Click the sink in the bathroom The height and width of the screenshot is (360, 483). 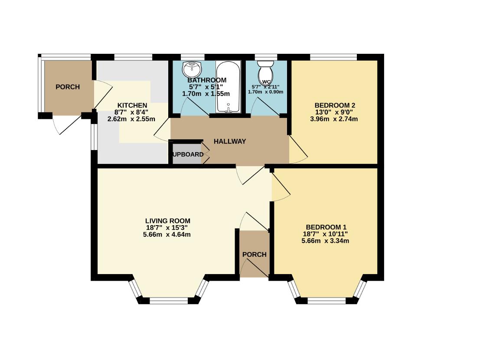tap(192, 69)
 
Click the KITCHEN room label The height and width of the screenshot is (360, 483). tap(132, 105)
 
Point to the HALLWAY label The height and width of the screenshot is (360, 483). tap(229, 141)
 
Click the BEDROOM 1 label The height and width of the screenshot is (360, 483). tap(326, 227)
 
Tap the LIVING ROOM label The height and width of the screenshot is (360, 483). tap(167, 220)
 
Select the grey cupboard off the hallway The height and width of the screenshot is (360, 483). tap(187, 155)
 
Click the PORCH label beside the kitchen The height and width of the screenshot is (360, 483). tap(68, 87)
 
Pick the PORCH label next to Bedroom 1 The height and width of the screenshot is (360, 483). tap(254, 255)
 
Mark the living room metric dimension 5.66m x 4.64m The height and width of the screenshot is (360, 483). tap(167, 235)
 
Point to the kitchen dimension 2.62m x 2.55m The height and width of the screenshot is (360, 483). tap(131, 119)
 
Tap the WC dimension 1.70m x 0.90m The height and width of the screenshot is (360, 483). tap(265, 92)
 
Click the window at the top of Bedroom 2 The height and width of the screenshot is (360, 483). tap(333, 56)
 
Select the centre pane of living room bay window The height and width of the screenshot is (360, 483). tap(169, 299)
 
